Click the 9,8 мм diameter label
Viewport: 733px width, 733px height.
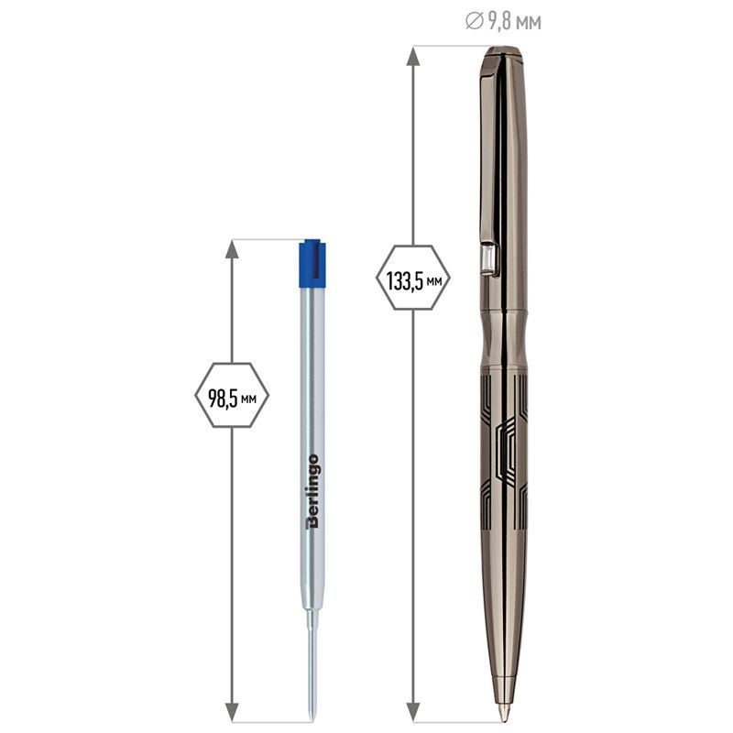503,22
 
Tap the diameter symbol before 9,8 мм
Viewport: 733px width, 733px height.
474,21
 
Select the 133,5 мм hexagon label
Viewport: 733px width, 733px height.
413,278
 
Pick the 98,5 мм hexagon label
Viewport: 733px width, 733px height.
232,395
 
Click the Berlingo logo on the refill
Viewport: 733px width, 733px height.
312,491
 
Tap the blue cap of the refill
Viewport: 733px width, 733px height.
312,263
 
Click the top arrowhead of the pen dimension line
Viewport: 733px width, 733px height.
412,55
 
